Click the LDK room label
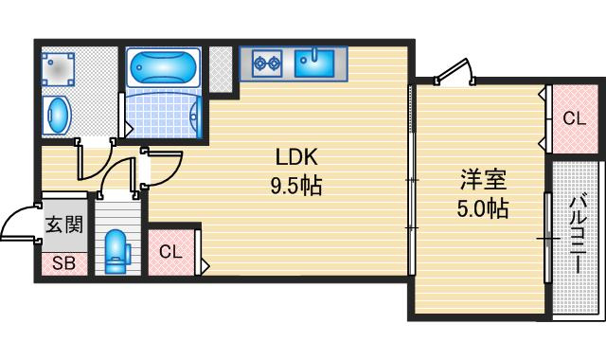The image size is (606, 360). pyautogui.click(x=295, y=157)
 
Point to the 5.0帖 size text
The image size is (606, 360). pyautogui.click(x=483, y=208)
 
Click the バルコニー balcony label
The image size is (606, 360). pyautogui.click(x=577, y=231)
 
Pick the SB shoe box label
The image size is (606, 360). pyautogui.click(x=63, y=262)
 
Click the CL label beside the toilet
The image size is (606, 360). pyautogui.click(x=170, y=252)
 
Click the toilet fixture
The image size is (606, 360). pyautogui.click(x=116, y=248)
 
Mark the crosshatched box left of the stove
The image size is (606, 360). pyautogui.click(x=221, y=67)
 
